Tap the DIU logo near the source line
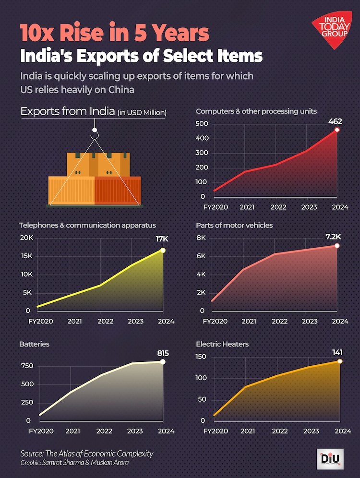tap(331, 459)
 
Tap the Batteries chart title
tap(34, 345)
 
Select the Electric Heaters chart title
tap(222, 344)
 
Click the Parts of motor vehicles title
tap(234, 225)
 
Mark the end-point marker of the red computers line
tap(337, 130)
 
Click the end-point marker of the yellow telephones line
tap(163, 250)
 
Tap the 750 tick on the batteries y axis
tap(26, 366)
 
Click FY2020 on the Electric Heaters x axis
tap(215, 430)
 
